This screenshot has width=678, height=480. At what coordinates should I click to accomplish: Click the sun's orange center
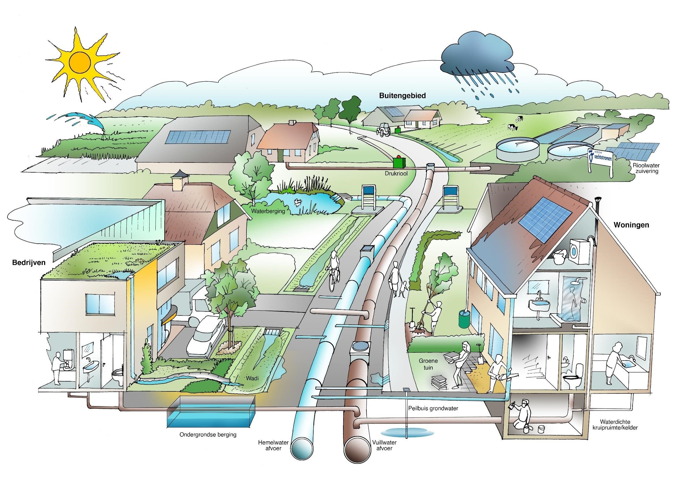point(80,61)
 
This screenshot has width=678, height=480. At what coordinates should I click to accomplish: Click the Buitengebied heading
point(402,96)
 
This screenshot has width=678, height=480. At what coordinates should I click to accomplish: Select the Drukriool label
point(396,173)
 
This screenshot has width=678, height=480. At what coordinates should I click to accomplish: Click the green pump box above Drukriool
point(399,162)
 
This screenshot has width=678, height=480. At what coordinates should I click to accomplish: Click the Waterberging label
point(268,211)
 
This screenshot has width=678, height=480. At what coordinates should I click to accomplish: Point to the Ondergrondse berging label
point(208,435)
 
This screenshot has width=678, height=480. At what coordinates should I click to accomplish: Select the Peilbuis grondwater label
point(433,408)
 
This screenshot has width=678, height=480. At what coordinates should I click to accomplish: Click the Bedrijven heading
point(29,262)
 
